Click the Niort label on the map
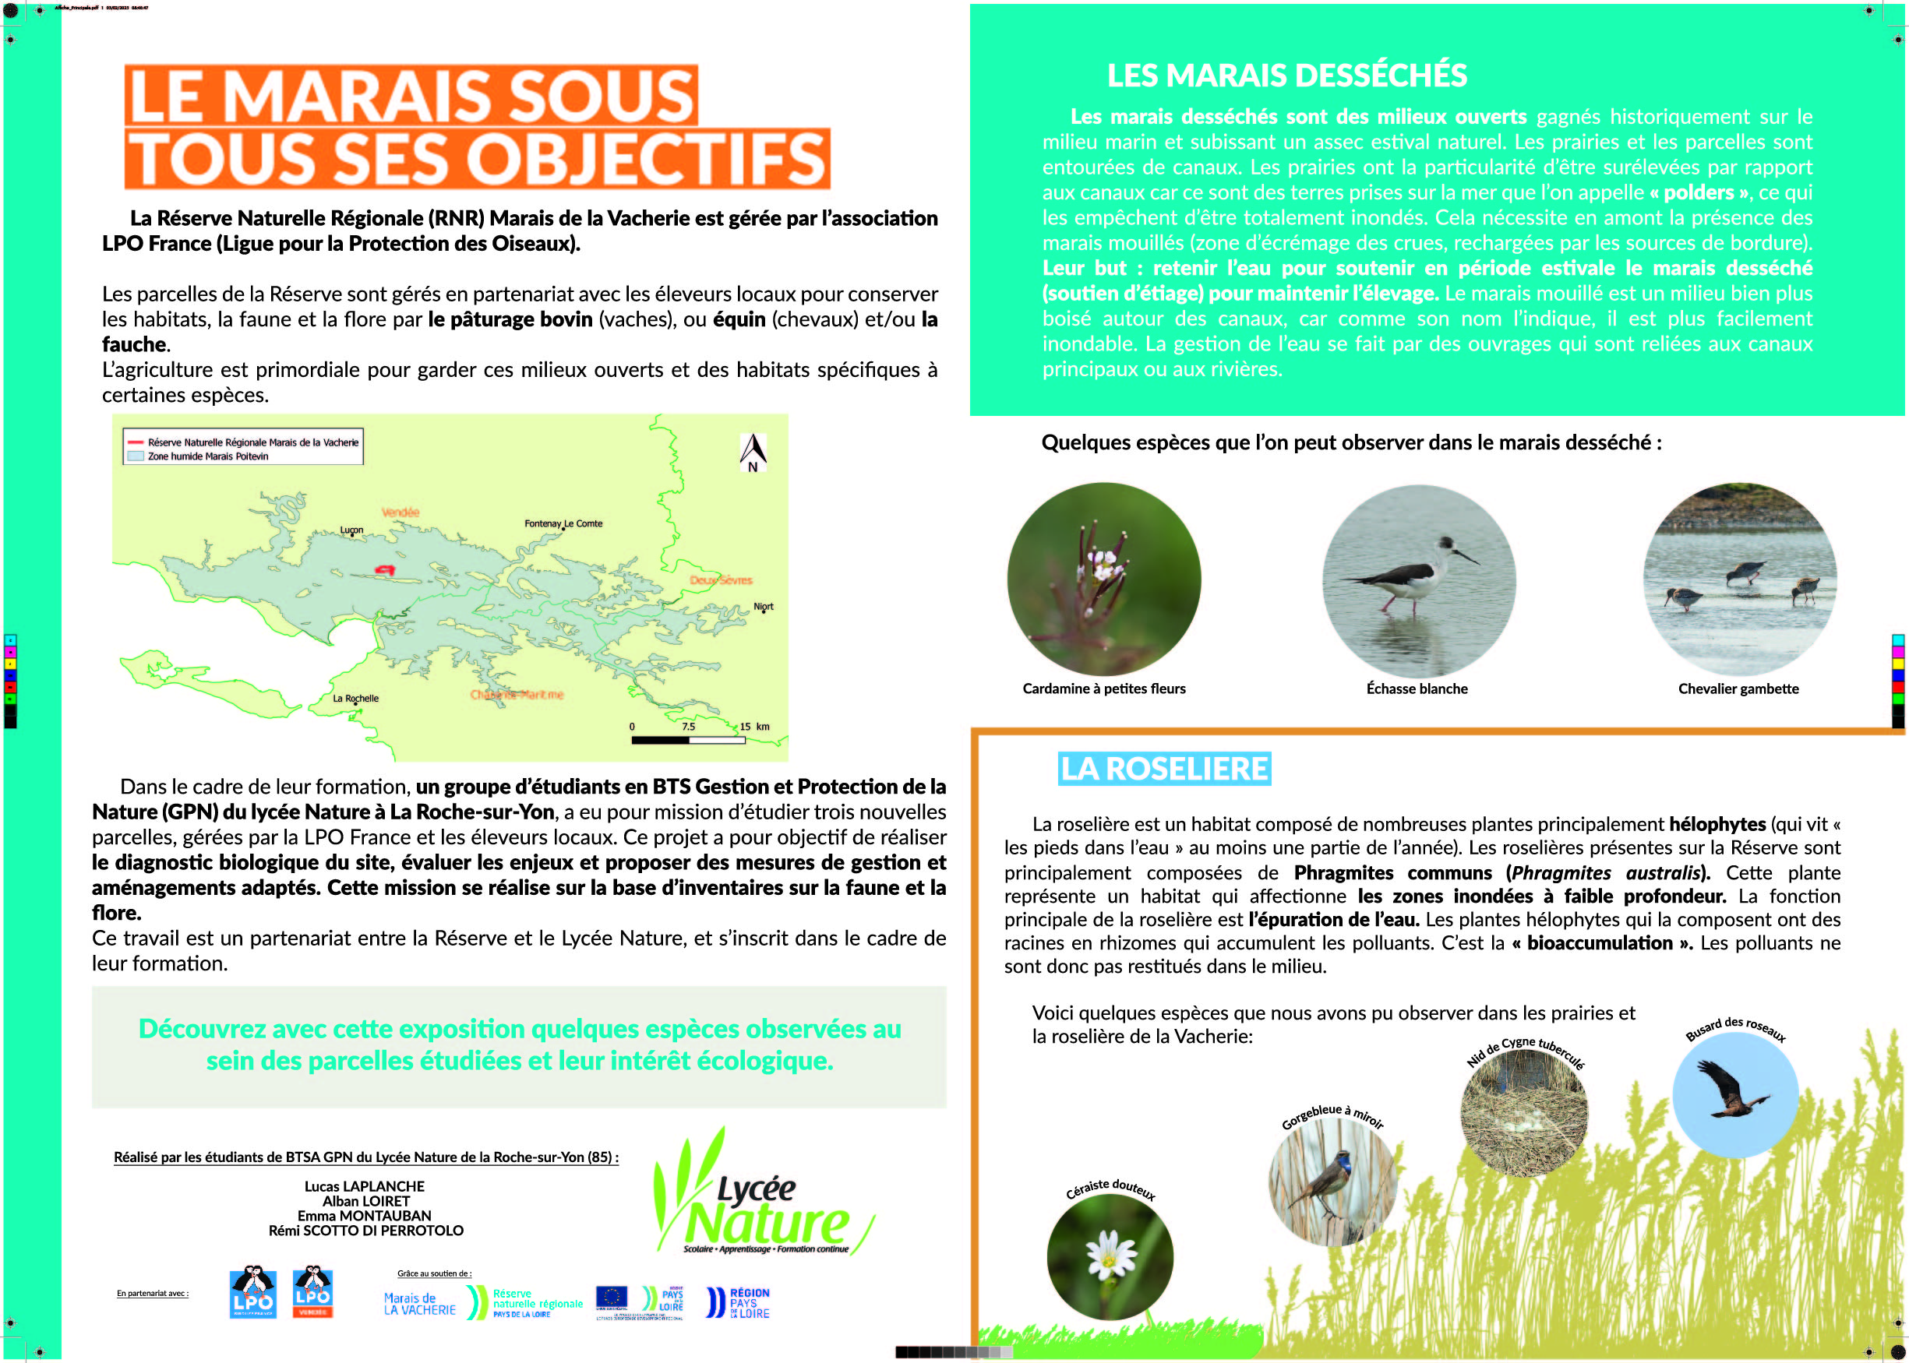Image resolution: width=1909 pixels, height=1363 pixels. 763,606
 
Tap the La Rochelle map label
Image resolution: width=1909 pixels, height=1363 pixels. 355,699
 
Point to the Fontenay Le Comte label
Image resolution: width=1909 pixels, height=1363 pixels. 563,523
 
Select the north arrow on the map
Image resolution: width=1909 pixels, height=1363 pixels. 752,453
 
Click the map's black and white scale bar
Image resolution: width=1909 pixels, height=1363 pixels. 687,740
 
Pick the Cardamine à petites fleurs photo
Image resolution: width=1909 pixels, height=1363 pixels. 1103,579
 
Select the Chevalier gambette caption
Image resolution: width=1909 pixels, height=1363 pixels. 1738,689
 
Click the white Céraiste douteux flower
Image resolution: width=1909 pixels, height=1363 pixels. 1110,1253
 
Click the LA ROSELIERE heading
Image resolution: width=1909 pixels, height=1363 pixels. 1163,769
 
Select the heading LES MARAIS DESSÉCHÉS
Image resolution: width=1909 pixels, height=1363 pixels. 1286,76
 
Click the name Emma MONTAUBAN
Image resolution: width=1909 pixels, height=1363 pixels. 365,1215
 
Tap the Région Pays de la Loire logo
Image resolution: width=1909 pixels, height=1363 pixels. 739,1302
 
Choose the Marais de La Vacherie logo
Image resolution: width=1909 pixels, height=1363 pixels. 420,1303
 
